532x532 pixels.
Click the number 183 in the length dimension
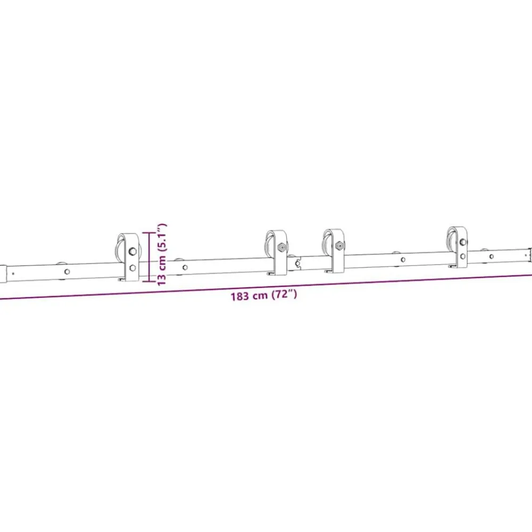[x=240, y=296]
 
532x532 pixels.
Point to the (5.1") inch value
[x=162, y=237]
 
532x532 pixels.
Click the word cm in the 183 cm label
[x=260, y=296]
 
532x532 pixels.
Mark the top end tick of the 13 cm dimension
[x=148, y=233]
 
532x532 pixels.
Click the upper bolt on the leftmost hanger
[x=132, y=252]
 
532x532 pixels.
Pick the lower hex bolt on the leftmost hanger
[x=132, y=268]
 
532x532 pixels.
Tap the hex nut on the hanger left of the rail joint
[x=281, y=247]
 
